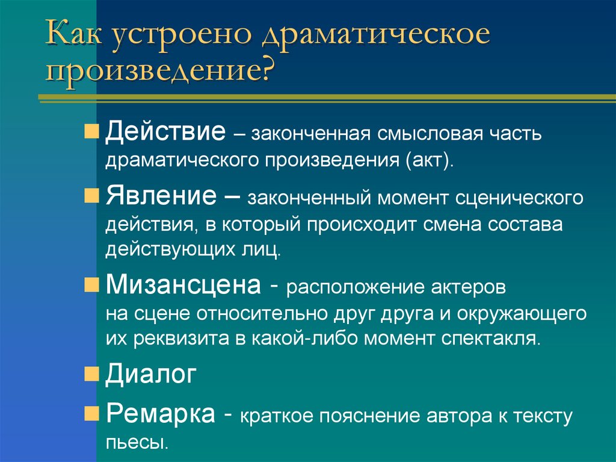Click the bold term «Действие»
165,131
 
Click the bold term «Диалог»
151,374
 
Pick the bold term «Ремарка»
161,415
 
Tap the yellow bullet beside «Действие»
91,133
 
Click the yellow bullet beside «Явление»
91,196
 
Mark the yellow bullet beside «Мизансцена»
91,284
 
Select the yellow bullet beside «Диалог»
91,375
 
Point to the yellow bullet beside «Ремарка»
91,415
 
